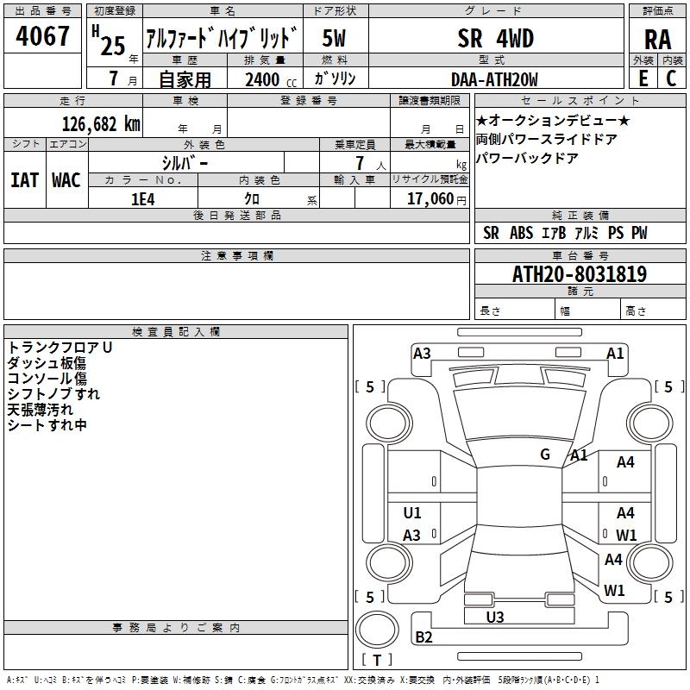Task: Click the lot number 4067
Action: click(43, 37)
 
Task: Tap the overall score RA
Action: click(657, 40)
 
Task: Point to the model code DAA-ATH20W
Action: click(494, 79)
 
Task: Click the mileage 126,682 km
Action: click(101, 123)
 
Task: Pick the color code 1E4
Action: click(142, 198)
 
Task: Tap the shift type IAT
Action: click(25, 179)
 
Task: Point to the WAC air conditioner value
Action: click(66, 179)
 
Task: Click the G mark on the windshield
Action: click(545, 455)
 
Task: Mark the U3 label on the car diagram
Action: click(495, 617)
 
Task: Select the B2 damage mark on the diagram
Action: click(423, 637)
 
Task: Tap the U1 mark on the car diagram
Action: click(412, 513)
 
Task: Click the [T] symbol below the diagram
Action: click(377, 660)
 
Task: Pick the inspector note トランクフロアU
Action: click(60, 347)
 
